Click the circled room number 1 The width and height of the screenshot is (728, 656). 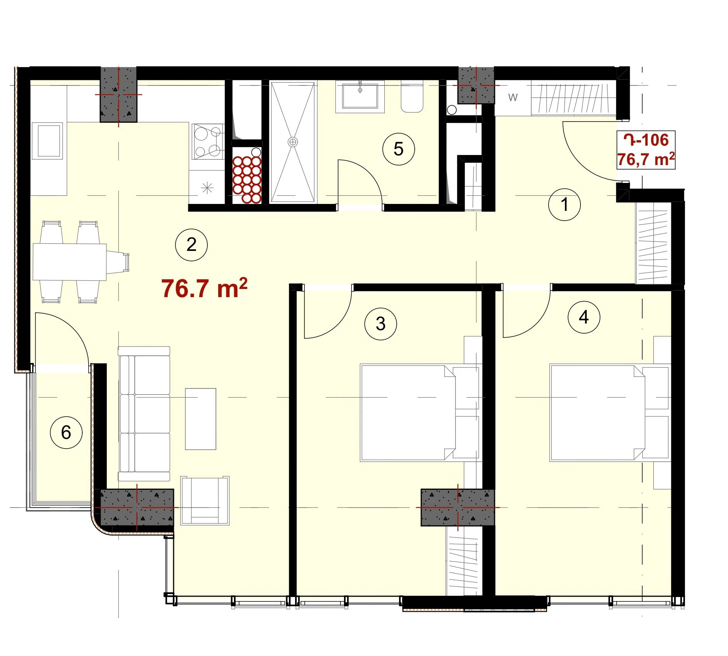click(x=564, y=205)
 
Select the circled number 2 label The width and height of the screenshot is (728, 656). click(x=191, y=245)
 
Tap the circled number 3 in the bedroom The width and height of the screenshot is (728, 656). click(x=381, y=324)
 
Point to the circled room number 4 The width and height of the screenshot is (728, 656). click(x=584, y=317)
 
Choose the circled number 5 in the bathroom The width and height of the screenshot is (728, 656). click(x=398, y=149)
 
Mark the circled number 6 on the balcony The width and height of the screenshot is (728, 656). click(x=66, y=433)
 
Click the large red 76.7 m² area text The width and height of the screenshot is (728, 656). click(x=204, y=288)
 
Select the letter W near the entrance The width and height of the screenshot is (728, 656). click(x=513, y=97)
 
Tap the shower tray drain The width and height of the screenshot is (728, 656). click(x=293, y=142)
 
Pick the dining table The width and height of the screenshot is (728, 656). click(x=69, y=262)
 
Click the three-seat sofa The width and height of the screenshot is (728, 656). click(x=144, y=414)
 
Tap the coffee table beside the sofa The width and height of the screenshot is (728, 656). click(x=200, y=419)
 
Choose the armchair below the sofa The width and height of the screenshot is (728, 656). click(x=205, y=501)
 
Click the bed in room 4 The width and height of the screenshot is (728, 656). click(x=610, y=412)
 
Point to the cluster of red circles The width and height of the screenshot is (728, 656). click(x=247, y=180)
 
